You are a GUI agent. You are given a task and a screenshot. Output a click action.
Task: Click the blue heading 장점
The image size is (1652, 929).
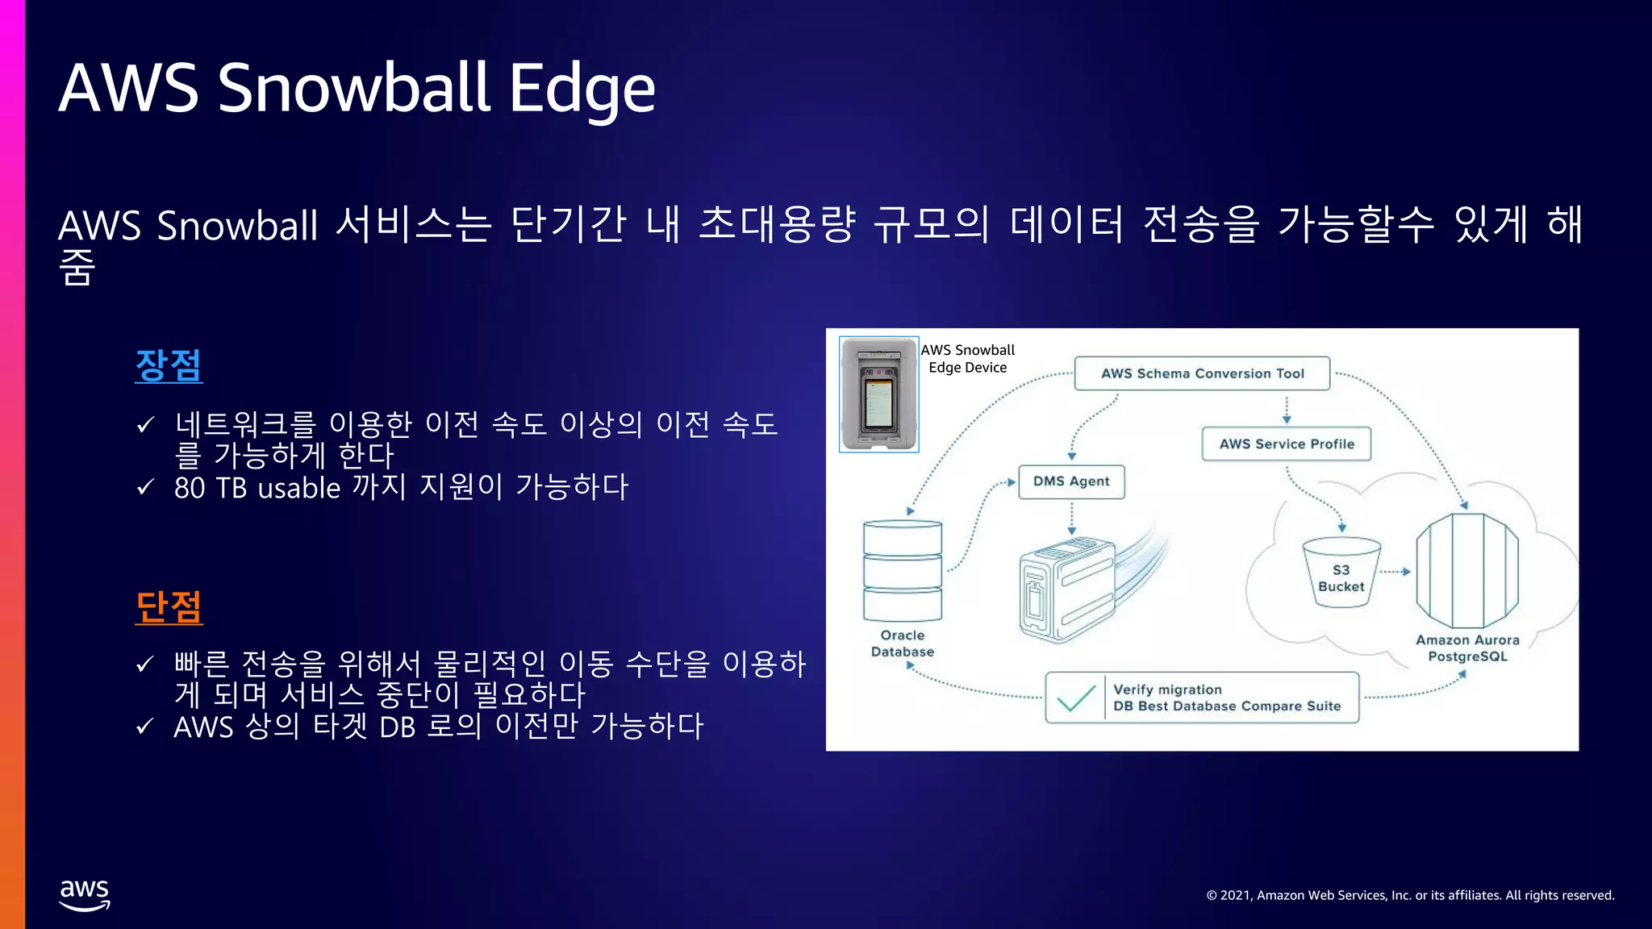pos(169,365)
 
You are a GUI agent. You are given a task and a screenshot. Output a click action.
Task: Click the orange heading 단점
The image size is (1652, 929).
pos(169,607)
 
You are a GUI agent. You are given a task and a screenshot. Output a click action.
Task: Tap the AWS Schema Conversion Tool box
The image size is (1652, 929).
pos(1202,373)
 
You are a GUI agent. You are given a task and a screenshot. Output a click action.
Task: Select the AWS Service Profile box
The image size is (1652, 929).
pos(1286,444)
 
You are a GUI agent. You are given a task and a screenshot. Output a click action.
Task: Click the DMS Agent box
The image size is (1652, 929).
pos(1071,481)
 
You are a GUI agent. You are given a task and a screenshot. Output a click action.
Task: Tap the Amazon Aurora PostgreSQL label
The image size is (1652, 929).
pos(1467,648)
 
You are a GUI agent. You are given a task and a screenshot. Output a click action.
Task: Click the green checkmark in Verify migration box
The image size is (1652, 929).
pos(1075,698)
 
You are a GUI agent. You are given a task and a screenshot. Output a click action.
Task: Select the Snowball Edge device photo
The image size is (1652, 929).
pos(878,394)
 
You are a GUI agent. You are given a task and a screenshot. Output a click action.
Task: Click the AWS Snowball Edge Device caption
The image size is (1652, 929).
pos(967,359)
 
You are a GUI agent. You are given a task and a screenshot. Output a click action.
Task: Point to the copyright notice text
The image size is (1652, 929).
pos(1410,895)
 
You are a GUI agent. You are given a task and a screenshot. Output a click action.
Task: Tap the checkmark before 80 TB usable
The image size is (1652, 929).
pos(145,487)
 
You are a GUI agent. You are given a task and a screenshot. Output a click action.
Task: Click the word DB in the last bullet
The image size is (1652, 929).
pos(398,727)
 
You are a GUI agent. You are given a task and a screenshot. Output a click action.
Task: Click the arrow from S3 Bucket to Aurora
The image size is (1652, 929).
pos(1395,572)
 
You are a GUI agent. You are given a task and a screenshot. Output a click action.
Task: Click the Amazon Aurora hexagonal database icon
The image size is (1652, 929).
pos(1467,571)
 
